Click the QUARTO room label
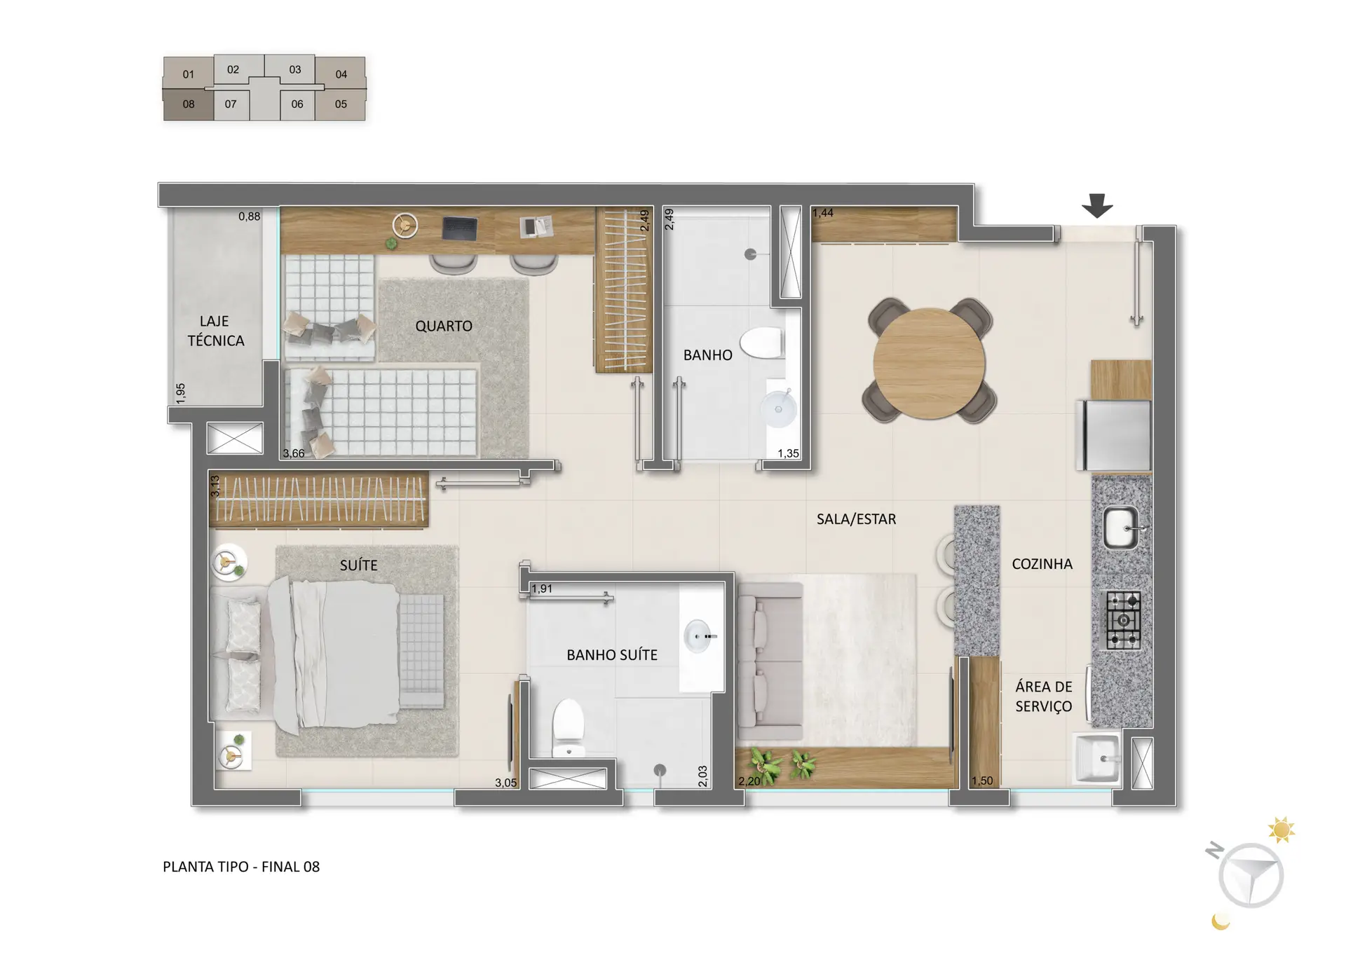(444, 326)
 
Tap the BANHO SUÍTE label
(612, 655)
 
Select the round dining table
(930, 364)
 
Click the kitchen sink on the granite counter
(1122, 528)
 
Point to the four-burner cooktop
(1124, 620)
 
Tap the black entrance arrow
(1097, 205)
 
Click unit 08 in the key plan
(189, 104)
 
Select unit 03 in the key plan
(295, 70)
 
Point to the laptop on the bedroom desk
(460, 228)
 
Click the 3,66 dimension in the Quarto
(294, 453)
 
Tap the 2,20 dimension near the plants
(749, 781)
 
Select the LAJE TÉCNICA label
(215, 331)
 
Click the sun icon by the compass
(1282, 830)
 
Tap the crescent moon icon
(1221, 921)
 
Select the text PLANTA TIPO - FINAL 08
(241, 867)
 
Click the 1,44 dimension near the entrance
(823, 213)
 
